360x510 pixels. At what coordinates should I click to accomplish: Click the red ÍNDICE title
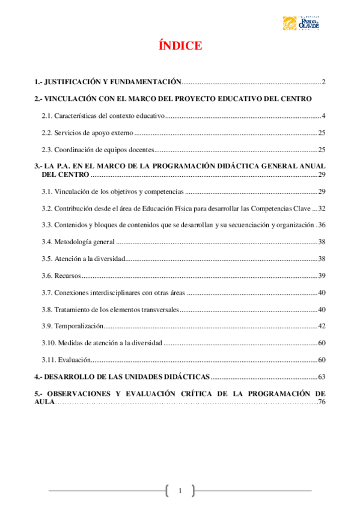click(180, 46)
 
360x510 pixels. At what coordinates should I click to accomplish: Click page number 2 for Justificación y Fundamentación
click(323, 81)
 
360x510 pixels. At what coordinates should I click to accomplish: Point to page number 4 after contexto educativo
click(323, 115)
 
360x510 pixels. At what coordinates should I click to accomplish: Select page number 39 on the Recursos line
click(322, 275)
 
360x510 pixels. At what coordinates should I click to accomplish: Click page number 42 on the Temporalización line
click(322, 326)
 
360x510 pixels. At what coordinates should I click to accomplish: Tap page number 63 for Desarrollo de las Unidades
click(322, 377)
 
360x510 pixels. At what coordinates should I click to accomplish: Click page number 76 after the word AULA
click(322, 402)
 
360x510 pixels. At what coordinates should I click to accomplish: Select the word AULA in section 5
click(44, 402)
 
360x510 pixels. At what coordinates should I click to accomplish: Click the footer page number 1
click(180, 490)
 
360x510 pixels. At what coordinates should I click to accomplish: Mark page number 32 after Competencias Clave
click(322, 208)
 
